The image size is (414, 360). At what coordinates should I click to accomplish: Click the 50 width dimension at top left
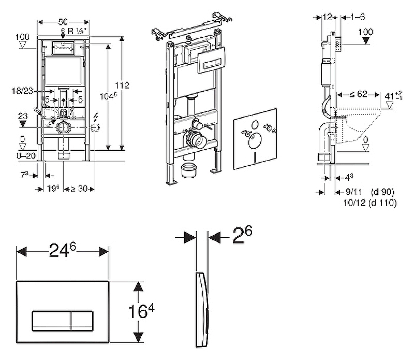(63, 22)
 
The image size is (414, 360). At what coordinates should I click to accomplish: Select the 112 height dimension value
(122, 85)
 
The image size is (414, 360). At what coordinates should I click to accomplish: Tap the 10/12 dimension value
(354, 204)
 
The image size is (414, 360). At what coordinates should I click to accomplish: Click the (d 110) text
(382, 204)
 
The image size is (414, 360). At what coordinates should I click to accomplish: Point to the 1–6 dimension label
(358, 17)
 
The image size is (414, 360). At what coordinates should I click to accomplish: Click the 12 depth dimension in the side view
(327, 17)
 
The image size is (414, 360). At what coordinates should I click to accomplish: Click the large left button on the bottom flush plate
(52, 321)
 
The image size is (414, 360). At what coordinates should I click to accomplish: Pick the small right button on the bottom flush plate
(82, 321)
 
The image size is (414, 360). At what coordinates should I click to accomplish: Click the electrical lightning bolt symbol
(97, 118)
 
